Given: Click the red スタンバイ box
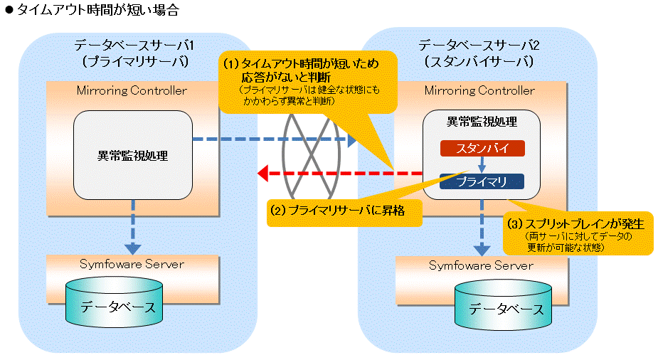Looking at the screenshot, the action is [x=482, y=148].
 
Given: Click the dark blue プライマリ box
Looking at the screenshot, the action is [x=482, y=181].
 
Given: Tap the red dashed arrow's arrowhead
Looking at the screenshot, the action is [x=262, y=173].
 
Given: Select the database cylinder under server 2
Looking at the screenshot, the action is [x=503, y=305].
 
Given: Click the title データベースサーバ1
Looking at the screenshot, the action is [x=134, y=46].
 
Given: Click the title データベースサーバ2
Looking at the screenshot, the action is [x=479, y=46].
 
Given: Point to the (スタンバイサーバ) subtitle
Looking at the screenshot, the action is [x=479, y=62].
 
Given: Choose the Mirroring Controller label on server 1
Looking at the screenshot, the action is [x=132, y=90].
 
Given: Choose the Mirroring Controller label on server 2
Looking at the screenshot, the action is [x=479, y=90].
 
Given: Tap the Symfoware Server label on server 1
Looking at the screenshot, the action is [x=132, y=264].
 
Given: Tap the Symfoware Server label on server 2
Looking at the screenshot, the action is [x=481, y=265].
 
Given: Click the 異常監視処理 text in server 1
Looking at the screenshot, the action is [x=132, y=156].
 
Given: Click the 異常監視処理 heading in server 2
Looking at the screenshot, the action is [x=482, y=122].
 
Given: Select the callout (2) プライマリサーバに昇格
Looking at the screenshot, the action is [x=344, y=211].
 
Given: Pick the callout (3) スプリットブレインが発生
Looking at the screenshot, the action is [x=578, y=233].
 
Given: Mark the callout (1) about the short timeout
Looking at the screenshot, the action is [x=307, y=83].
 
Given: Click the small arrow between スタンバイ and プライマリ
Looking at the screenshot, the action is [x=482, y=164].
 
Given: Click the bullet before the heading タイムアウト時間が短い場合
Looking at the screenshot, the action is [x=9, y=11].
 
